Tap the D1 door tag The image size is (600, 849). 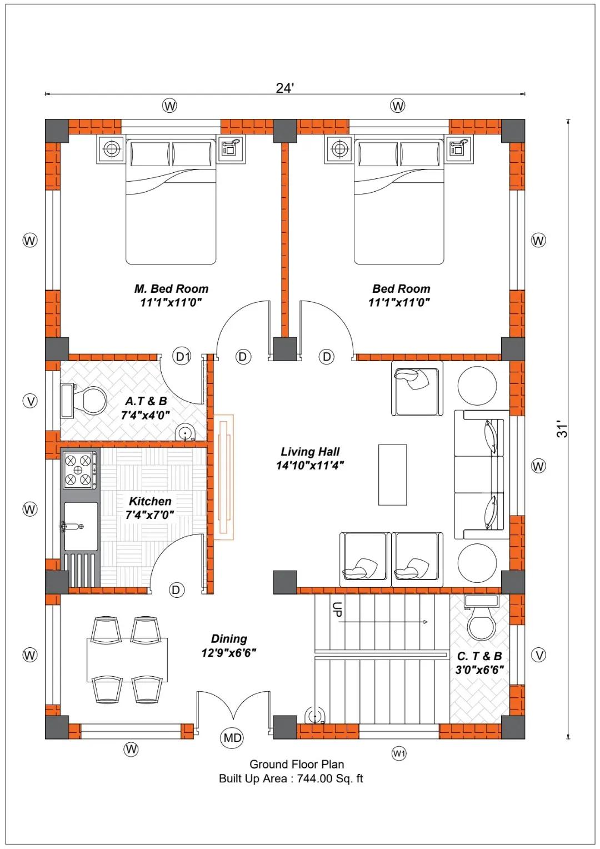pyautogui.click(x=182, y=356)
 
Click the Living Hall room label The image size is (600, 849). pyautogui.click(x=309, y=451)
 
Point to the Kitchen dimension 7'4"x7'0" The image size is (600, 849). pyautogui.click(x=149, y=515)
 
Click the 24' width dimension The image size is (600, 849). pyautogui.click(x=284, y=88)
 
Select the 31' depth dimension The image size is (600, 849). pyautogui.click(x=563, y=428)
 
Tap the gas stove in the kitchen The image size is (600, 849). pyautogui.click(x=79, y=470)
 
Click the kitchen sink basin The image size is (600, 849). pyautogui.click(x=81, y=526)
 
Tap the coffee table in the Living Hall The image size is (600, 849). pyautogui.click(x=392, y=475)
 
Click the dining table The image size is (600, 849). pyautogui.click(x=127, y=660)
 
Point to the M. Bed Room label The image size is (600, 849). pyautogui.click(x=171, y=289)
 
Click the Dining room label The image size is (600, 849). pyautogui.click(x=229, y=638)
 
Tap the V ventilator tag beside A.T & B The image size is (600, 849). pyautogui.click(x=30, y=401)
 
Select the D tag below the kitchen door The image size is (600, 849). pyautogui.click(x=176, y=590)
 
